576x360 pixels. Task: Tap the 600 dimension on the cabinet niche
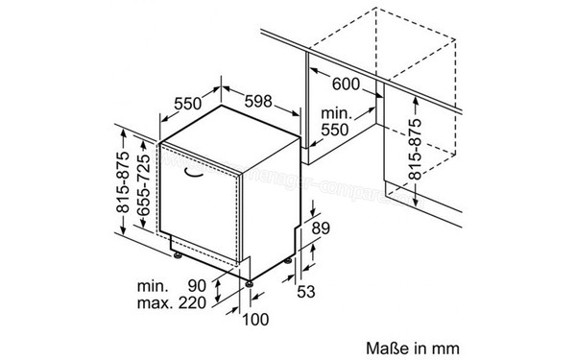(346, 84)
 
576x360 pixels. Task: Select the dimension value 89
(322, 228)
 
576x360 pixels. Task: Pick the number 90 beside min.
(198, 287)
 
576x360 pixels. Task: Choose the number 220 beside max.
(192, 304)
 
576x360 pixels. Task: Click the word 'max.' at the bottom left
(143, 304)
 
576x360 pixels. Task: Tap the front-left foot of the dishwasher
(177, 253)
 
